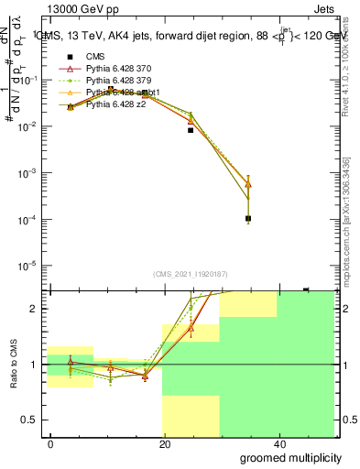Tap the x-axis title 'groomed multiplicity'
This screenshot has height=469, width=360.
click(283, 456)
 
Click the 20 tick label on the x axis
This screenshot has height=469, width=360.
click(165, 444)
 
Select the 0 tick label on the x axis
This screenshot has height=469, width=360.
click(51, 444)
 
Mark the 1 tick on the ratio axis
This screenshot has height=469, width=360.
click(35, 365)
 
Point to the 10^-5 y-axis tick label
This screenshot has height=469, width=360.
click(27, 266)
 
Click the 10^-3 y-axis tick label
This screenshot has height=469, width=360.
click(27, 173)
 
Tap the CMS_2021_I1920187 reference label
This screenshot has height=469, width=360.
click(190, 273)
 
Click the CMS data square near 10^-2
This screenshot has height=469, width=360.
click(191, 130)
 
